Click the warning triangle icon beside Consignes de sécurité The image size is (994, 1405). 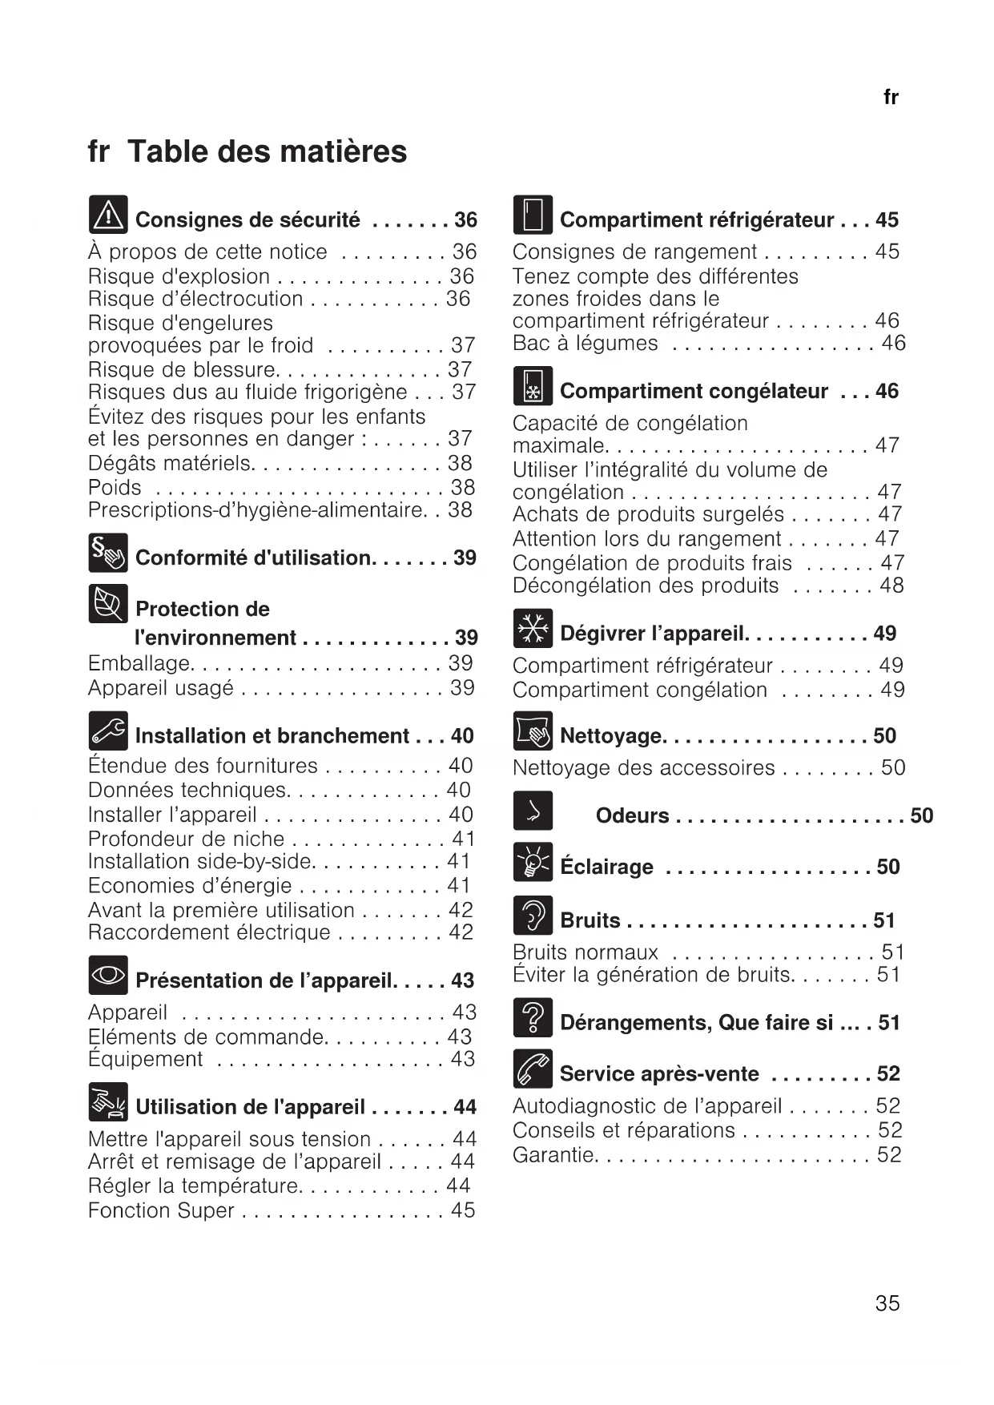pyautogui.click(x=108, y=215)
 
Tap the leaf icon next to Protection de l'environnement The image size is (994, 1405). pyautogui.click(x=108, y=603)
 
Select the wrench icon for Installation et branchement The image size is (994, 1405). pyautogui.click(x=108, y=730)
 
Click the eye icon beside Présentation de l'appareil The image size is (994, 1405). pyautogui.click(x=108, y=975)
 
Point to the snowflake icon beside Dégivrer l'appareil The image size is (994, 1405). pyautogui.click(x=533, y=628)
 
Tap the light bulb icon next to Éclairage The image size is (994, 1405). pyautogui.click(x=533, y=862)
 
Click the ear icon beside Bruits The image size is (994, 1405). pyautogui.click(x=533, y=915)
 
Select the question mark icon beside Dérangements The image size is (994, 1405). pyautogui.click(x=533, y=1017)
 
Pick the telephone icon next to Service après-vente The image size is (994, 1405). pyautogui.click(x=533, y=1069)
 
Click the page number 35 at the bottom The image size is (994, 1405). pyautogui.click(x=887, y=1303)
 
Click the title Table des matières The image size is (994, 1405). pyautogui.click(x=267, y=151)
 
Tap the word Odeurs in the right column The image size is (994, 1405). pyautogui.click(x=632, y=815)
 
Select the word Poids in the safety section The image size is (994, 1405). pyautogui.click(x=115, y=487)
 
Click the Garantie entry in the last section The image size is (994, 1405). pyautogui.click(x=554, y=1154)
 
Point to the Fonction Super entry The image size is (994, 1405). pyautogui.click(x=161, y=1210)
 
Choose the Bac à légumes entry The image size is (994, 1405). pyautogui.click(x=585, y=343)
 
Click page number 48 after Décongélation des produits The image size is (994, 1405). pyautogui.click(x=891, y=586)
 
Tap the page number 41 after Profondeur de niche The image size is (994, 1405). pyautogui.click(x=463, y=839)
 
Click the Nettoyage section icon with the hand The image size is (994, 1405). pyautogui.click(x=533, y=731)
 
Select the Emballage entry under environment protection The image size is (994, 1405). pyautogui.click(x=140, y=663)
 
